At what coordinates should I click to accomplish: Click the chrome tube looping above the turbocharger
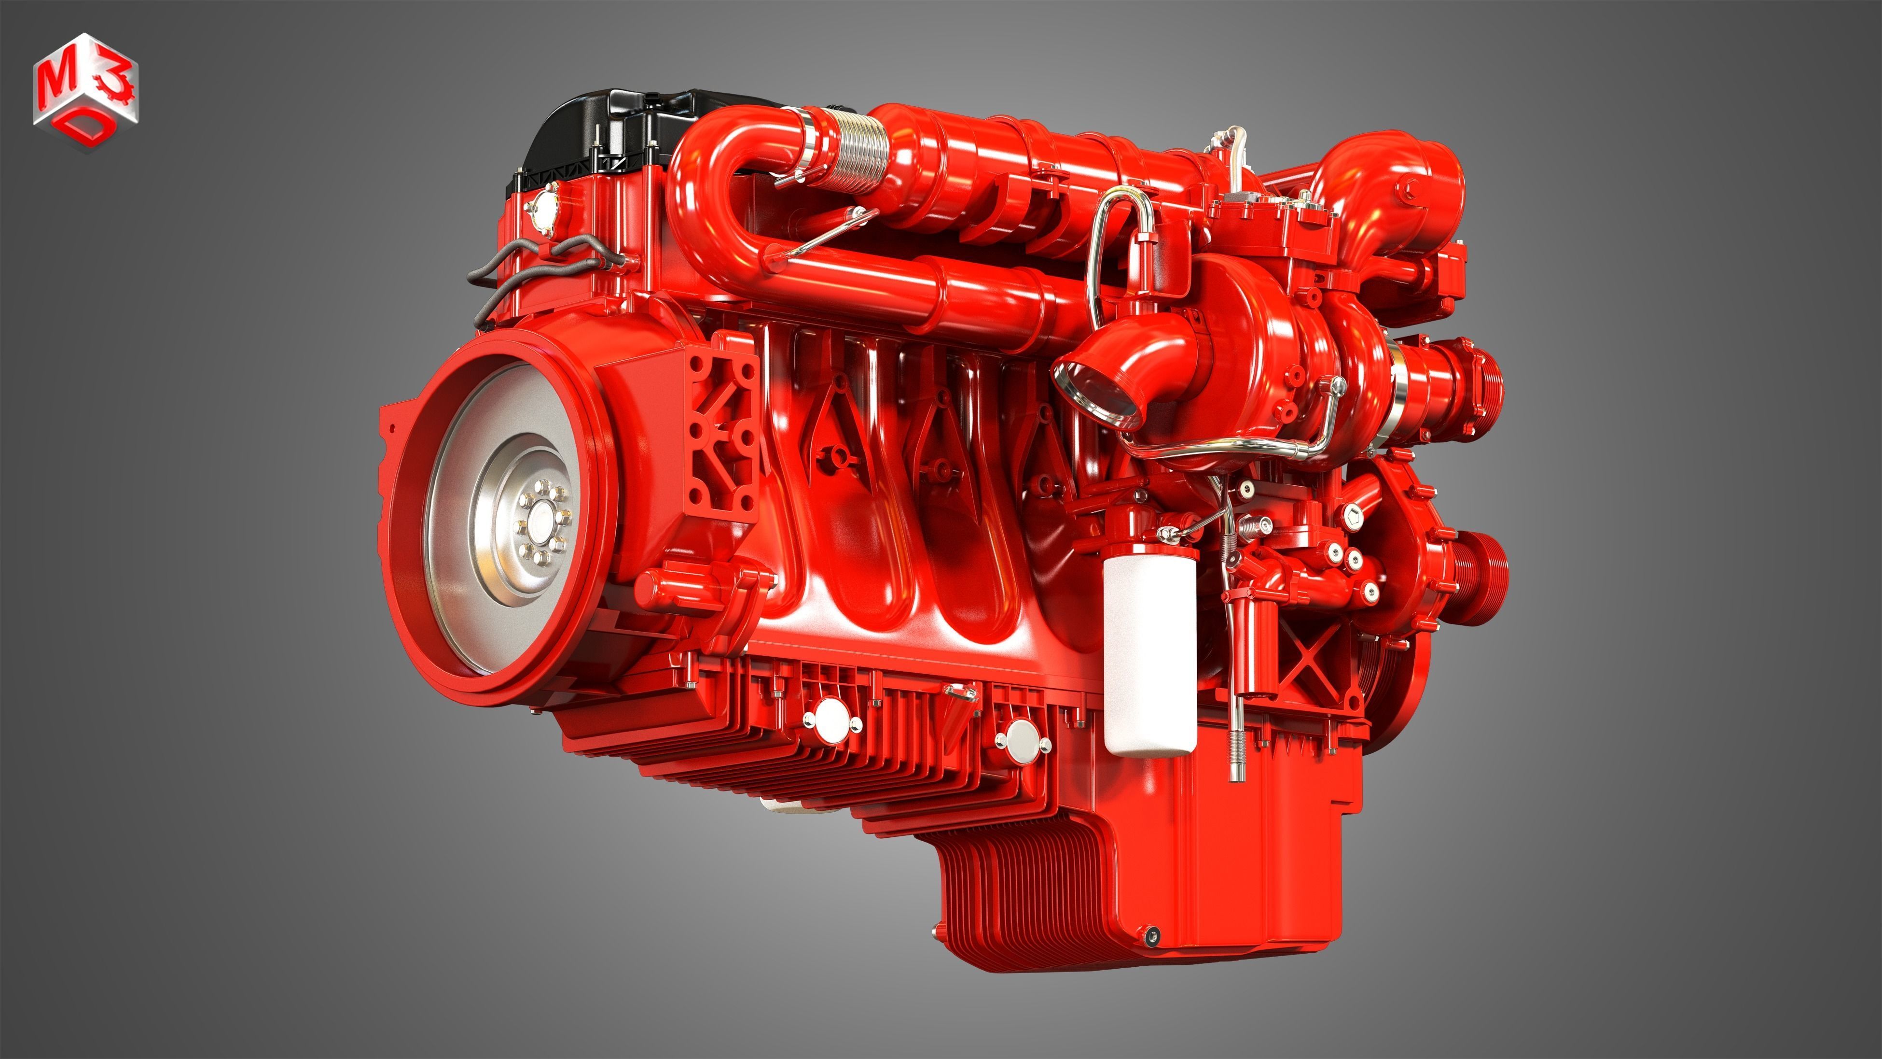click(1118, 219)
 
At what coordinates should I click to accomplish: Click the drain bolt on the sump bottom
click(1152, 934)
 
